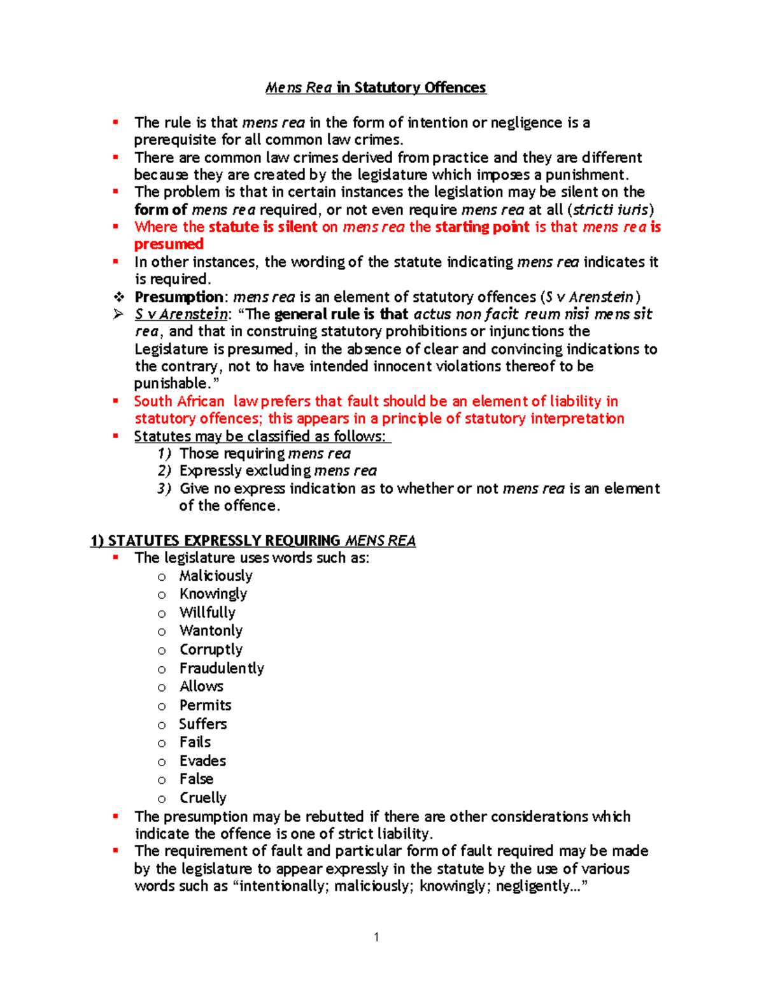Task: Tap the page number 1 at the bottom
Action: click(x=376, y=936)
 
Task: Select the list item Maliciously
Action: click(x=216, y=576)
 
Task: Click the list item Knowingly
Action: click(x=213, y=594)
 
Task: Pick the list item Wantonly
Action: click(x=211, y=630)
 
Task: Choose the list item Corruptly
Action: click(x=211, y=650)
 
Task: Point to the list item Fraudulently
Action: click(x=222, y=668)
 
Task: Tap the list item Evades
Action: click(x=202, y=761)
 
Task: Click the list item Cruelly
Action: click(x=203, y=798)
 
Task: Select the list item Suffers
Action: click(x=202, y=724)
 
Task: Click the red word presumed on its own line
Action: click(x=169, y=244)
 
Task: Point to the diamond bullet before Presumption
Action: click(x=118, y=297)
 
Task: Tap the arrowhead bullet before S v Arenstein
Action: click(x=118, y=314)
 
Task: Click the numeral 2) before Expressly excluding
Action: click(x=164, y=471)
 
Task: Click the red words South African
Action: click(x=179, y=401)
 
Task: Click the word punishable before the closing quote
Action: click(x=171, y=383)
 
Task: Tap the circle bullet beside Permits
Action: click(x=162, y=706)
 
